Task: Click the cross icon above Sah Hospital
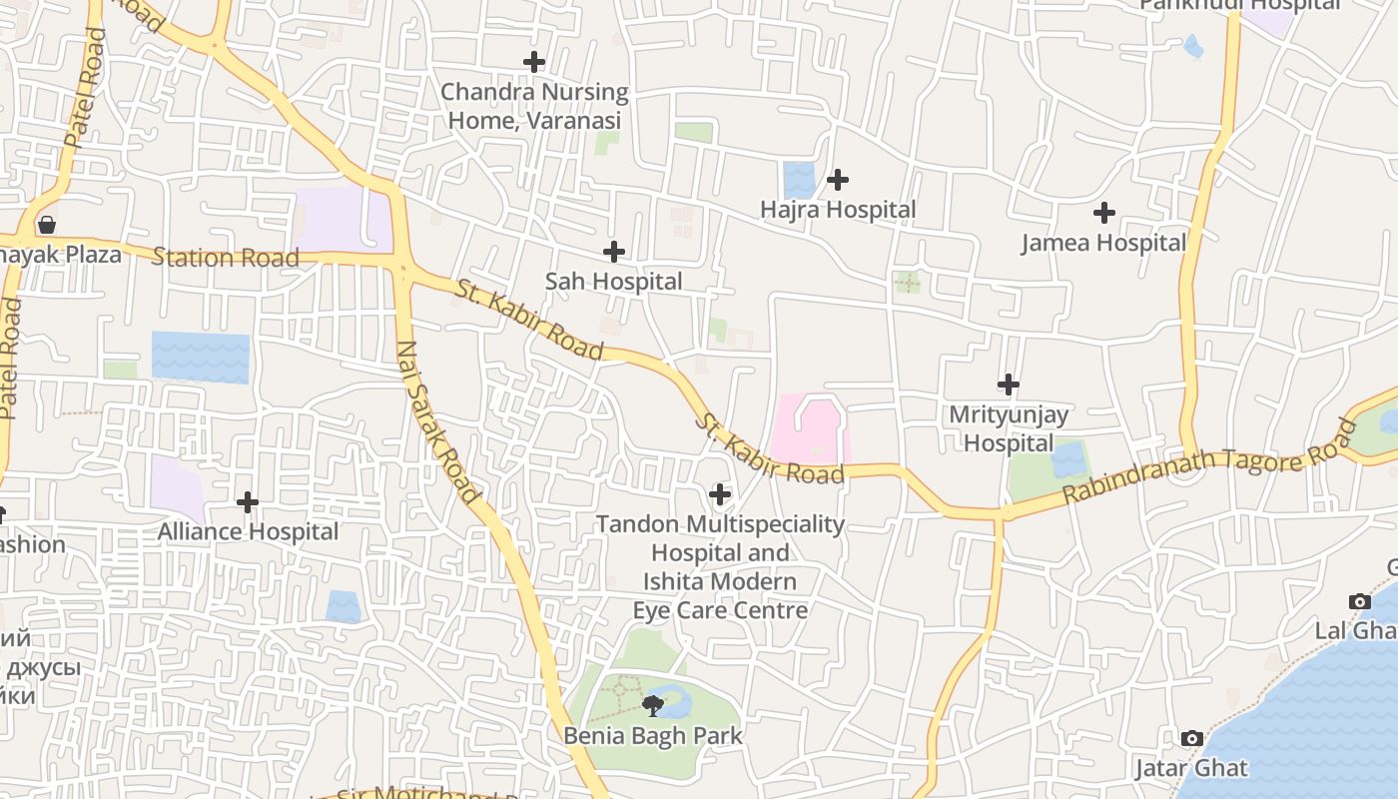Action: pos(614,252)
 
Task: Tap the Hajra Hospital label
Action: pos(838,210)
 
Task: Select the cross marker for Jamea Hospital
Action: pos(1103,213)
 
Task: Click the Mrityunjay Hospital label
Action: pos(1009,428)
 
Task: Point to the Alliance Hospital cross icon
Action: pos(248,501)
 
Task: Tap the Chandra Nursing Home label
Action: pos(534,106)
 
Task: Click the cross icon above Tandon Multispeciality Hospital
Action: pos(719,494)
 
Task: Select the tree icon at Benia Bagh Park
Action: pos(653,707)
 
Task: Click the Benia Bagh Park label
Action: pos(653,736)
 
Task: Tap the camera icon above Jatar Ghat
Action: pos(1191,739)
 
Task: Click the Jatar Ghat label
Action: pos(1191,768)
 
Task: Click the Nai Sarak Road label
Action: pos(438,422)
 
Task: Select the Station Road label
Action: pos(226,258)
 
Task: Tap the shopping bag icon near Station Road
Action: pos(46,225)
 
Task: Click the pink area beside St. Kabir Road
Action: pos(807,429)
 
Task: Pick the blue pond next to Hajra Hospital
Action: pos(799,180)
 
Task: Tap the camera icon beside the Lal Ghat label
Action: pos(1359,601)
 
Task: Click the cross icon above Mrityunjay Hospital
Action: pos(1009,385)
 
